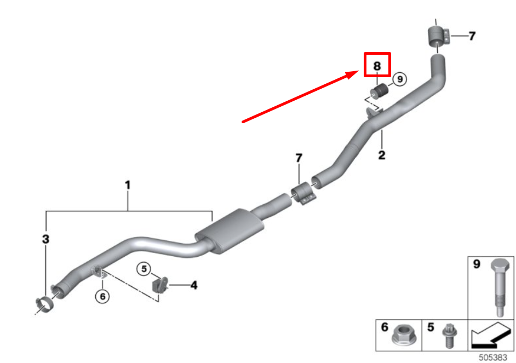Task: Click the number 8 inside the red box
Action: click(377, 66)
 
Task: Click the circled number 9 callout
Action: click(399, 79)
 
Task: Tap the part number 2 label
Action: click(382, 155)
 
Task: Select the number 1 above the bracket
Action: click(128, 186)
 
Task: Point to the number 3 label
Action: click(46, 239)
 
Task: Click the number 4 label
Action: click(193, 285)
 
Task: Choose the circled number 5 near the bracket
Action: click(144, 269)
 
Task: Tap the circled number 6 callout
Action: click(102, 296)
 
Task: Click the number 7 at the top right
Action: click(472, 36)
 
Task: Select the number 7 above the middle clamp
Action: click(299, 158)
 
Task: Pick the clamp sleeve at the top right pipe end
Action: click(438, 37)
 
